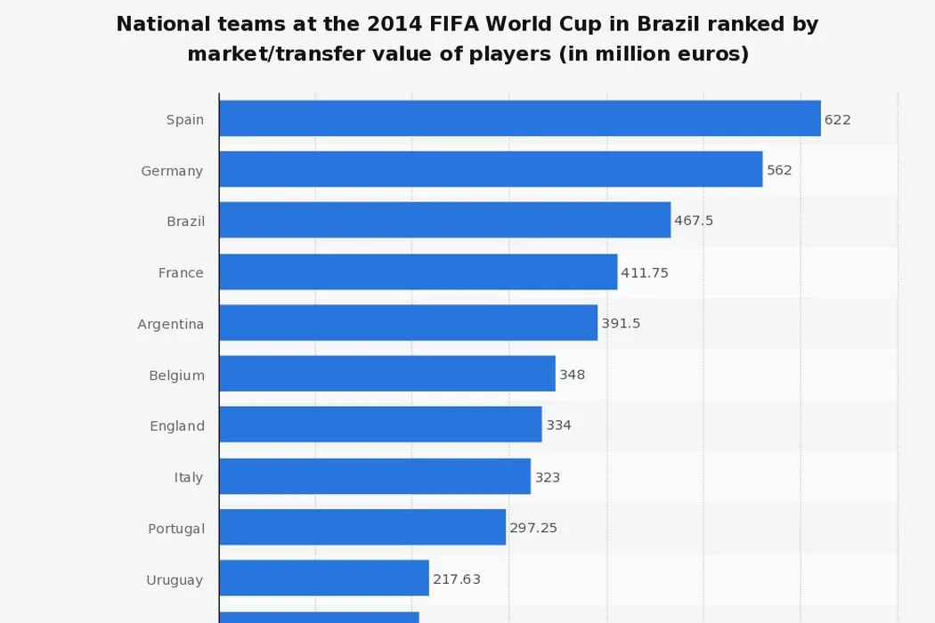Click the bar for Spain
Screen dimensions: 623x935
(519, 118)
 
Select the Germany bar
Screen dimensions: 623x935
(491, 169)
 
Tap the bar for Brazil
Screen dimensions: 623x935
(444, 220)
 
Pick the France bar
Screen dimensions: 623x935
(418, 271)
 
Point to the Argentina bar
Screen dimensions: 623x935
(408, 322)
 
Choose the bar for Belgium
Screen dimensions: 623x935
(387, 374)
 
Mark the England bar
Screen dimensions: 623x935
(380, 425)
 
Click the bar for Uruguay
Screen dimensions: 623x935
(324, 578)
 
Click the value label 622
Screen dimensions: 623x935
(837, 119)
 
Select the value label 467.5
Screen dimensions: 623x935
(694, 221)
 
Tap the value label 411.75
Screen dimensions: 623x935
(645, 272)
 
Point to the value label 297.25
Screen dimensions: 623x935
(533, 528)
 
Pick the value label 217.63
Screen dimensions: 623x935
(457, 579)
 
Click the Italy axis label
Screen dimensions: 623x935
(189, 477)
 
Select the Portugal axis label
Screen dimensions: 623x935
(176, 529)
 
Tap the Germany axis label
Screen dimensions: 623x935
(172, 171)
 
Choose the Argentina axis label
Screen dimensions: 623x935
(170, 324)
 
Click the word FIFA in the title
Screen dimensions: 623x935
(474, 24)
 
